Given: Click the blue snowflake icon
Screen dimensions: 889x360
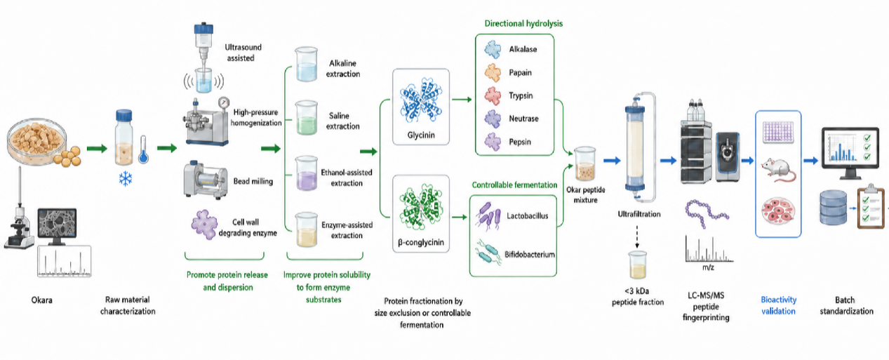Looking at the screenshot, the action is (x=126, y=179).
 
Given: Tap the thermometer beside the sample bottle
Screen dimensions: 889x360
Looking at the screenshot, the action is (x=143, y=149).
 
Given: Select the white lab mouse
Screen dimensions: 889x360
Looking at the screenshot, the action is (x=778, y=169).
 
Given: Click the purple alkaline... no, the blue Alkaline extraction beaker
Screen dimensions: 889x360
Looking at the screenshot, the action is (x=307, y=65).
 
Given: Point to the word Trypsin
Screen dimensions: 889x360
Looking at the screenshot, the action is (x=521, y=95).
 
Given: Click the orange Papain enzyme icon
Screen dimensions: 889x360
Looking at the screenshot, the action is (x=493, y=73).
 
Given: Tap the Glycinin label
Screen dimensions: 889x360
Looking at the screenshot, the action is (x=421, y=135).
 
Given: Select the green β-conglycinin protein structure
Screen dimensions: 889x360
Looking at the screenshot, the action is (x=421, y=206).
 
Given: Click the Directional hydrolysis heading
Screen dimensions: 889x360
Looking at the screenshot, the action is (x=523, y=23).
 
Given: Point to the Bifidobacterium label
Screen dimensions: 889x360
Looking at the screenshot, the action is (x=530, y=255).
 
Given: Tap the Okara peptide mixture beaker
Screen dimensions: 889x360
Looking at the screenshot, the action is (x=585, y=164).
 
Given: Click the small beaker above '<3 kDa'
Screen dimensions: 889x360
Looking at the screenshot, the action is (x=637, y=265).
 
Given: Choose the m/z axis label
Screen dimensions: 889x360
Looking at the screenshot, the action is (x=708, y=267).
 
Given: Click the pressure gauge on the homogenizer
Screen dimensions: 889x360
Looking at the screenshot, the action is (x=224, y=102).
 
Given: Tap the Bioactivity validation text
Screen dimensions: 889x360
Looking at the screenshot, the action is (x=778, y=305).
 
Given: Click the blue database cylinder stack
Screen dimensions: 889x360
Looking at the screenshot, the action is (x=833, y=207).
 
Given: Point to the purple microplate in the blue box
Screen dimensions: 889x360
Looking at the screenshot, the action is (x=778, y=132).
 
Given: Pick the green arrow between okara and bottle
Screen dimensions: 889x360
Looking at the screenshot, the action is (x=97, y=149).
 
